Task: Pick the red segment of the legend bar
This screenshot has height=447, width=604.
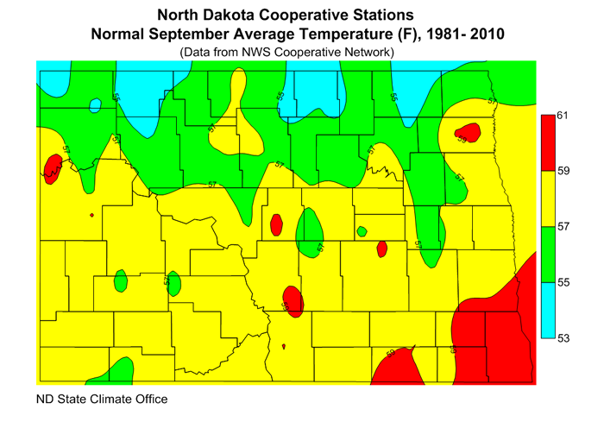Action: click(546, 142)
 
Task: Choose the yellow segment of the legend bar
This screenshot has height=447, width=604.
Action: click(546, 198)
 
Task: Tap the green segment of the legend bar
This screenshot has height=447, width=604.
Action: click(546, 255)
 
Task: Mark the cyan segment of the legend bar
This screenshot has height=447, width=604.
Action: click(546, 310)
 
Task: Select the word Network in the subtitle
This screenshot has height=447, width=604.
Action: click(368, 53)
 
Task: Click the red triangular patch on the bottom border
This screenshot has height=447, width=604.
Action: click(400, 367)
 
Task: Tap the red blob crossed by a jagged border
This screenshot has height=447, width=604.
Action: click(51, 167)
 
